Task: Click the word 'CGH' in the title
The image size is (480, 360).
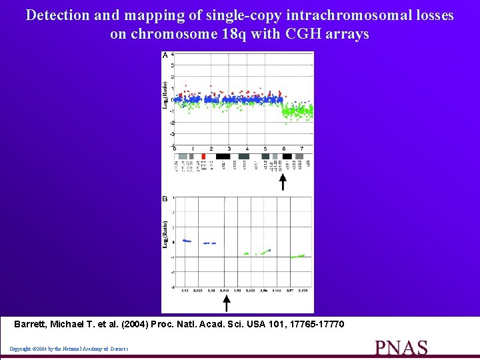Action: [x=301, y=34]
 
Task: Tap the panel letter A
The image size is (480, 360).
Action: [x=165, y=55]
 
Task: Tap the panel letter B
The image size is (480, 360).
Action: [x=165, y=198]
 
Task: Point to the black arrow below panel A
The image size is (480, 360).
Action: [x=283, y=181]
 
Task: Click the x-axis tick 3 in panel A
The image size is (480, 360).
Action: [x=229, y=149]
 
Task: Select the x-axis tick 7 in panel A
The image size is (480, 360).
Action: [x=302, y=149]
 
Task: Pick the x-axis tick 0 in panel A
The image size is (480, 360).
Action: [x=175, y=149]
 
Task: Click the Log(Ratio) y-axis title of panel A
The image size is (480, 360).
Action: [x=166, y=95]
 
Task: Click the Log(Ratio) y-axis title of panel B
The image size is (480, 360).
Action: [x=166, y=235]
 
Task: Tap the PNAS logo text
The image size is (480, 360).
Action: [x=401, y=349]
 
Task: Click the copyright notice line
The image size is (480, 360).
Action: [x=69, y=349]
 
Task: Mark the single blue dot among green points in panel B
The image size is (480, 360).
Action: [x=269, y=250]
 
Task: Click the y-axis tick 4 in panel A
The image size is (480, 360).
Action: [x=173, y=54]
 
